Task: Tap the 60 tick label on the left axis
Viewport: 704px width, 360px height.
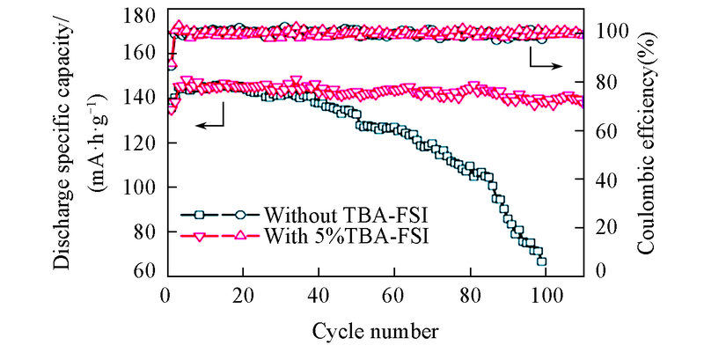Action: point(146,270)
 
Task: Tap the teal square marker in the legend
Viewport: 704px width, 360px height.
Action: point(200,214)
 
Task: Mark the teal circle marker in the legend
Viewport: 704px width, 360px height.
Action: point(240,214)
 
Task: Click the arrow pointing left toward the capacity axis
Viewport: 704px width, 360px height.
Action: point(209,126)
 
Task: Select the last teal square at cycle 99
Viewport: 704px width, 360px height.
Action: point(542,261)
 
